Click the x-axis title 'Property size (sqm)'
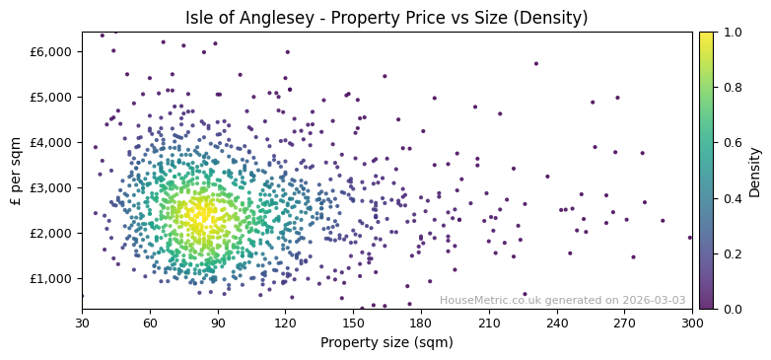tap(386, 343)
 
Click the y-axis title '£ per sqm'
tap(16, 170)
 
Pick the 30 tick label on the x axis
tap(82, 323)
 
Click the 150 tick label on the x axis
tap(353, 323)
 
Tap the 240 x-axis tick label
tap(557, 323)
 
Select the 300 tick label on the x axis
tap(692, 323)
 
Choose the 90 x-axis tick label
tap(218, 323)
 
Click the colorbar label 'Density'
tap(754, 170)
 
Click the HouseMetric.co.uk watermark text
tap(562, 300)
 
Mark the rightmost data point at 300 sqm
tap(690, 238)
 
